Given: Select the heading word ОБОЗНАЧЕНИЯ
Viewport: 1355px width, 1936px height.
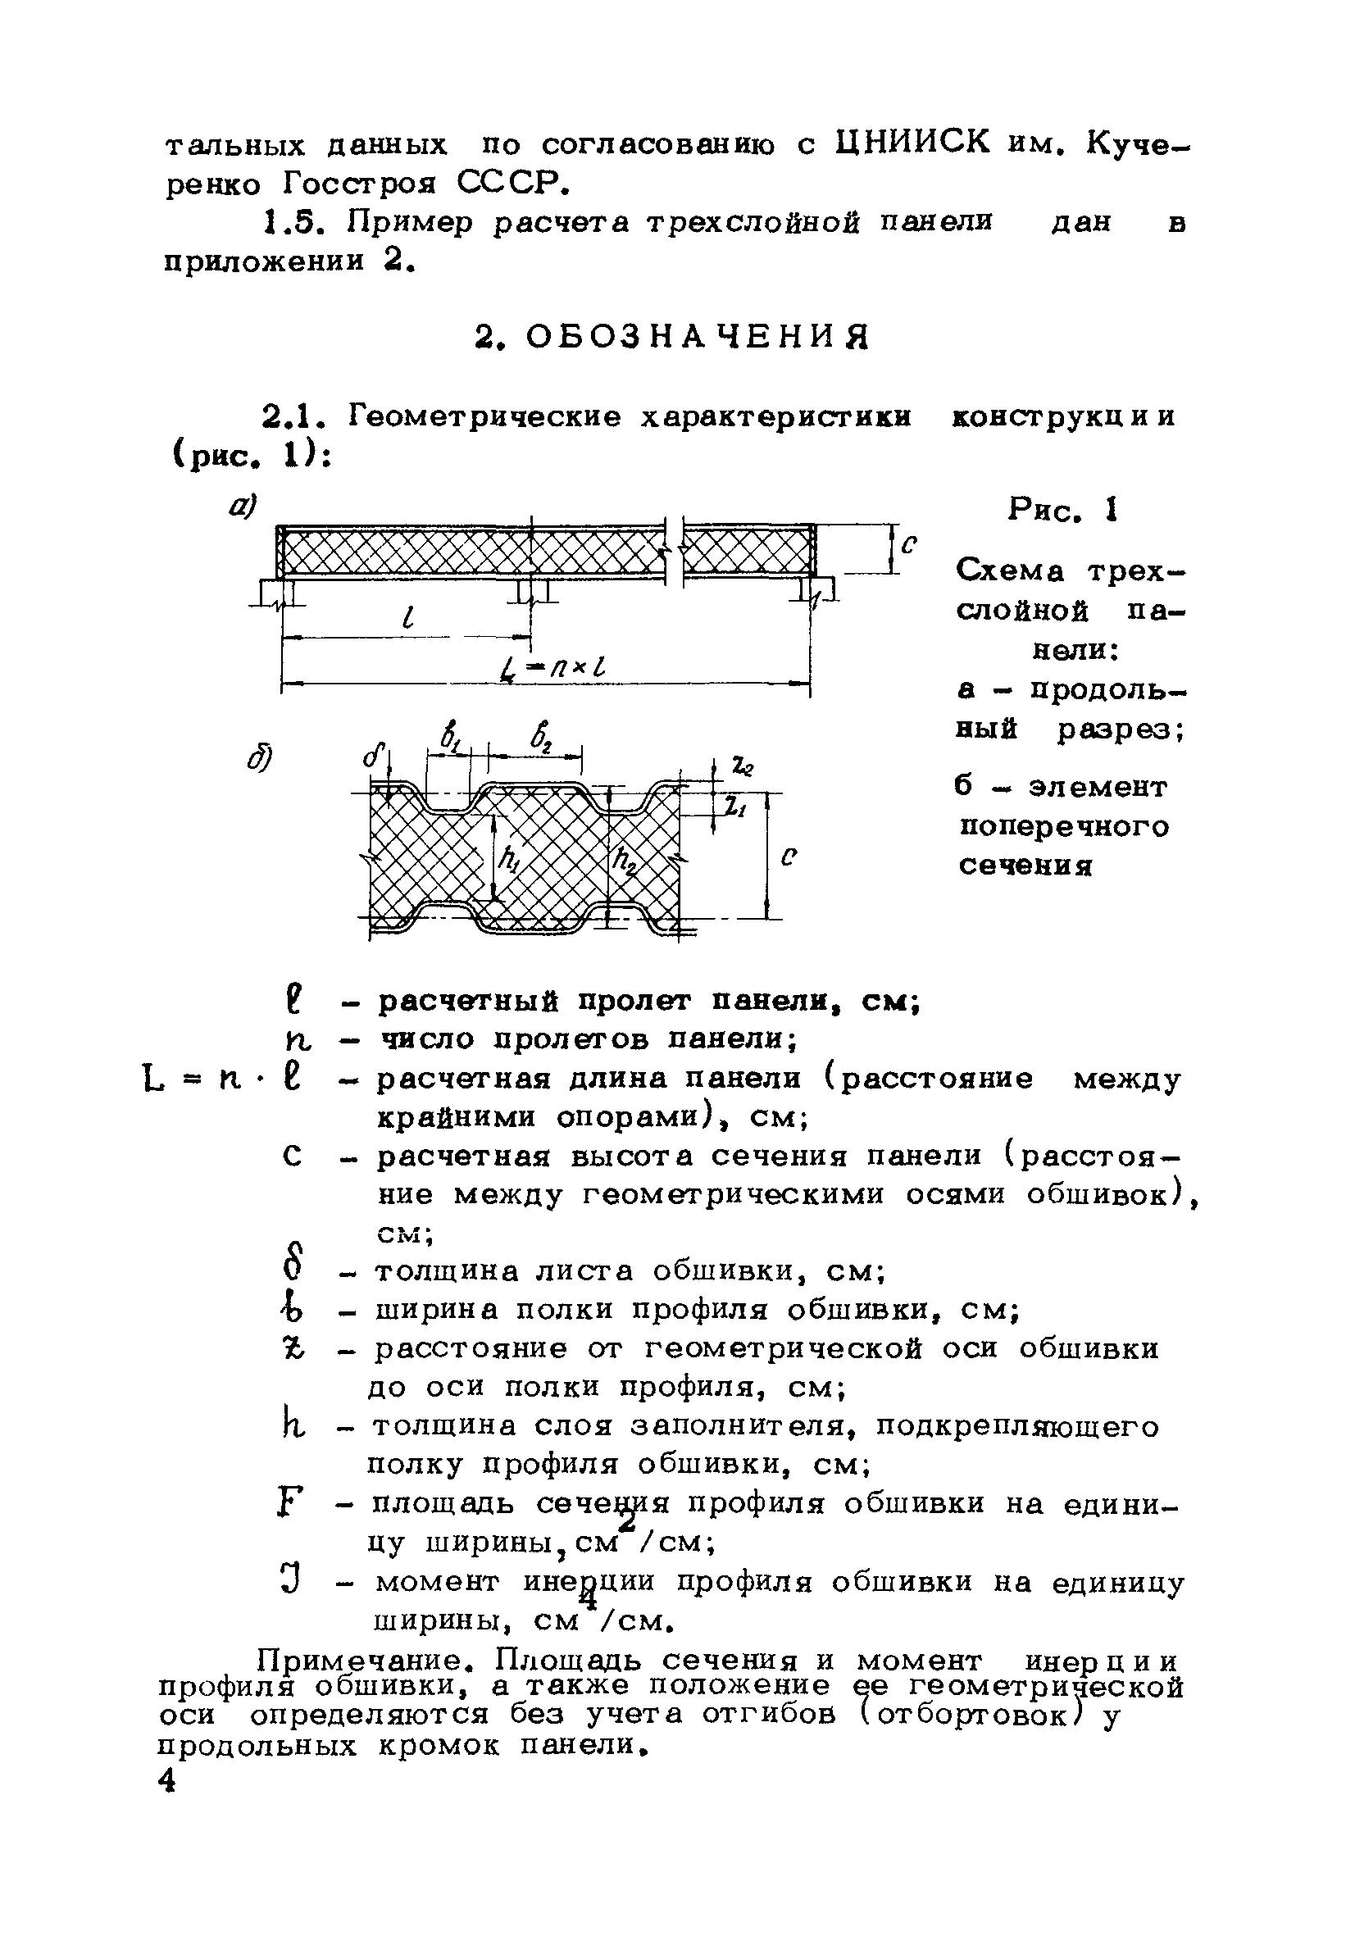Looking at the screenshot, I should click(x=697, y=337).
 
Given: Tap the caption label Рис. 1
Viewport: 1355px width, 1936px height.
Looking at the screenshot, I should click(x=1062, y=510).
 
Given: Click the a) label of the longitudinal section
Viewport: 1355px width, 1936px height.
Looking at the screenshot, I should click(x=243, y=507).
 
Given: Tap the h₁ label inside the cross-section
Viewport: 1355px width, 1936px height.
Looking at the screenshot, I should click(x=509, y=859).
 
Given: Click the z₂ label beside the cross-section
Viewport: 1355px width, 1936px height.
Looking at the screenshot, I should click(x=742, y=766).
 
